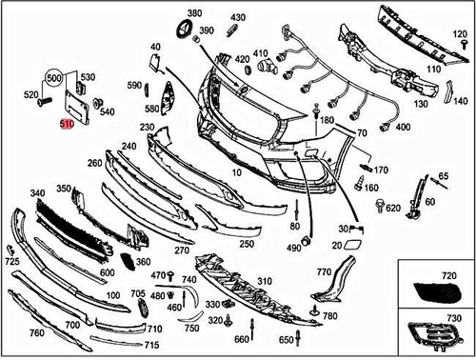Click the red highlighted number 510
tap(67, 124)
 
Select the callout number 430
tap(238, 18)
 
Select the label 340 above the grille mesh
tap(38, 194)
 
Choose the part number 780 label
tap(329, 315)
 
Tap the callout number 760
tap(37, 333)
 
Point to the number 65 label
tap(443, 177)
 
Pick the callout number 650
tap(286, 340)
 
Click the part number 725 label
tap(12, 261)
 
